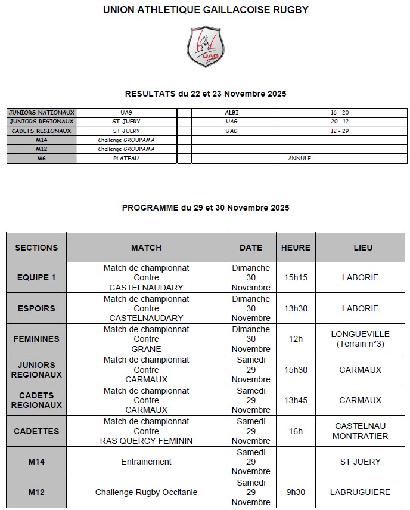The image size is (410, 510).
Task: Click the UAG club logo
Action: (x=206, y=46)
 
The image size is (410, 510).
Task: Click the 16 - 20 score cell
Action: (x=340, y=112)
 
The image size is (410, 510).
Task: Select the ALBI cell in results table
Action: (x=232, y=112)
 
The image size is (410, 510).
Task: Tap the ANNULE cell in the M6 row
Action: (x=300, y=159)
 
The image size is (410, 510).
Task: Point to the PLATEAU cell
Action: (x=126, y=159)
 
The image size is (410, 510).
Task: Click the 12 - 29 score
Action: (x=340, y=131)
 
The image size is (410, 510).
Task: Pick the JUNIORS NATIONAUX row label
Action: (x=42, y=112)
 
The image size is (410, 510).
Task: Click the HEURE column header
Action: (x=296, y=248)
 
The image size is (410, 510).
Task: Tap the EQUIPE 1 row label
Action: (x=36, y=277)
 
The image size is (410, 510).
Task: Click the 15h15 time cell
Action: (x=296, y=277)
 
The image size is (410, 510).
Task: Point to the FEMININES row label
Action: (x=36, y=339)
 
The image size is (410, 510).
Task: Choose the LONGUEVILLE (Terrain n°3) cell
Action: (x=360, y=339)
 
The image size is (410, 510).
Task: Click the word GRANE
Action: (x=147, y=349)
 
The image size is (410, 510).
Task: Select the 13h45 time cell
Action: (x=296, y=400)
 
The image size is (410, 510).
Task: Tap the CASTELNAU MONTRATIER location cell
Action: (x=360, y=431)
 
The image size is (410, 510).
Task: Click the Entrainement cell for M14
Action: (x=147, y=462)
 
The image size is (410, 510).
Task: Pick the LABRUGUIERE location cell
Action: (x=360, y=492)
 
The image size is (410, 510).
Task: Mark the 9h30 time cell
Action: (x=296, y=492)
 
